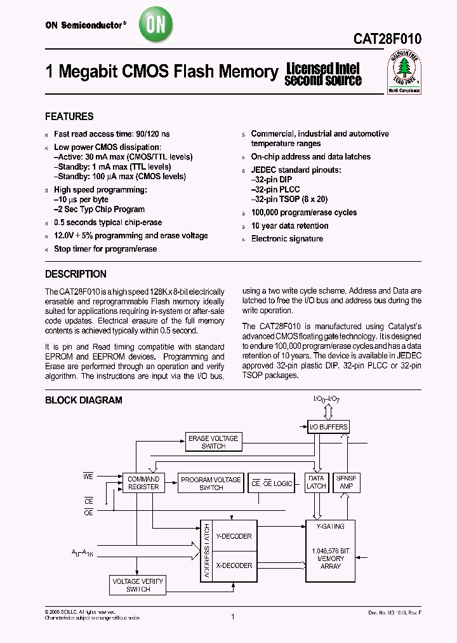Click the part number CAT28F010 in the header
coord(387,39)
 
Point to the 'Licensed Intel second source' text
coord(323,74)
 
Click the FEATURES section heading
coord(69,117)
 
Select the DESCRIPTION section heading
coord(76,274)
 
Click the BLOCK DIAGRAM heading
coord(83,400)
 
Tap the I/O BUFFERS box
coord(328,427)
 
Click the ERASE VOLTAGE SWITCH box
coord(213,442)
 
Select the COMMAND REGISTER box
coord(143,483)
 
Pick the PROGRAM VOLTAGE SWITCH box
coord(211,484)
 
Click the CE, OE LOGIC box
coord(272,484)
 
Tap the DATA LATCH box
coord(316,482)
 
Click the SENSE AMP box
coord(347,482)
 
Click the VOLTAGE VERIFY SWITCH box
coord(138,585)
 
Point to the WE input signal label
coord(88,475)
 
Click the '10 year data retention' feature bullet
coord(289,226)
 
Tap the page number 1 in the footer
coord(233,616)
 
